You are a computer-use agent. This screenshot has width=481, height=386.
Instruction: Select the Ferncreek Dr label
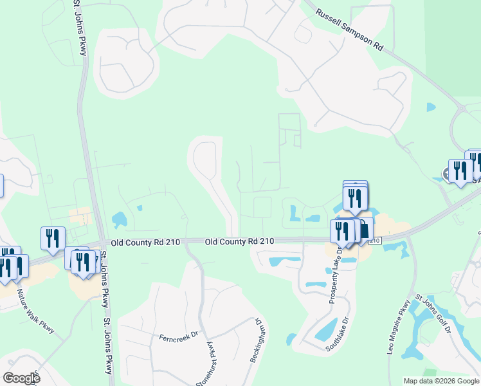177,336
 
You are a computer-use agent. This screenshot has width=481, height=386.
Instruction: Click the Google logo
21,378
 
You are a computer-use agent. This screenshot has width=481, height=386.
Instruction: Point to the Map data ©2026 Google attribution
441,381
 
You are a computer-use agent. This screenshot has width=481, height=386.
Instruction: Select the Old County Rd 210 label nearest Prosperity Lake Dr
239,241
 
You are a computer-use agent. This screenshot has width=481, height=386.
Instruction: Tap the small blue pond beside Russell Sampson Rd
431,107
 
